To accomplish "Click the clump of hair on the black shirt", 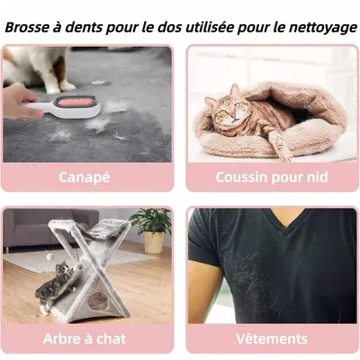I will [270, 288].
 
